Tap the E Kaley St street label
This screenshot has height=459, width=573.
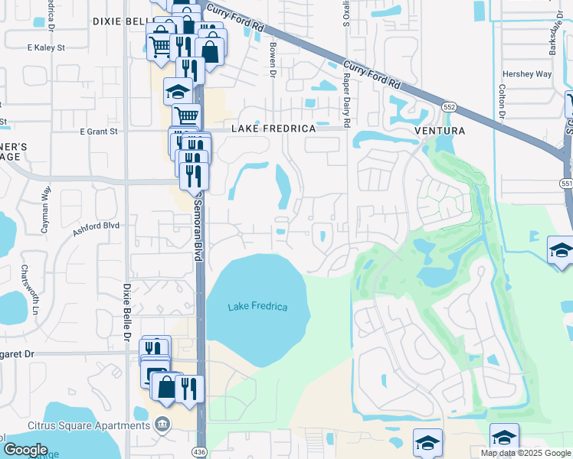[47, 47]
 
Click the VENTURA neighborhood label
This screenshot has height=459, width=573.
[440, 131]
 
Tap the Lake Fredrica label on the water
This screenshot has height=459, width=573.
[257, 307]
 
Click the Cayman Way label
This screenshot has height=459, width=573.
[46, 201]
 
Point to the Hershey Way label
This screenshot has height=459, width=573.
[526, 74]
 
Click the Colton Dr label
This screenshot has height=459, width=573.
[503, 100]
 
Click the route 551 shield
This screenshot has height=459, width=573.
[566, 184]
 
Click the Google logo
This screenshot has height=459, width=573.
[25, 450]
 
